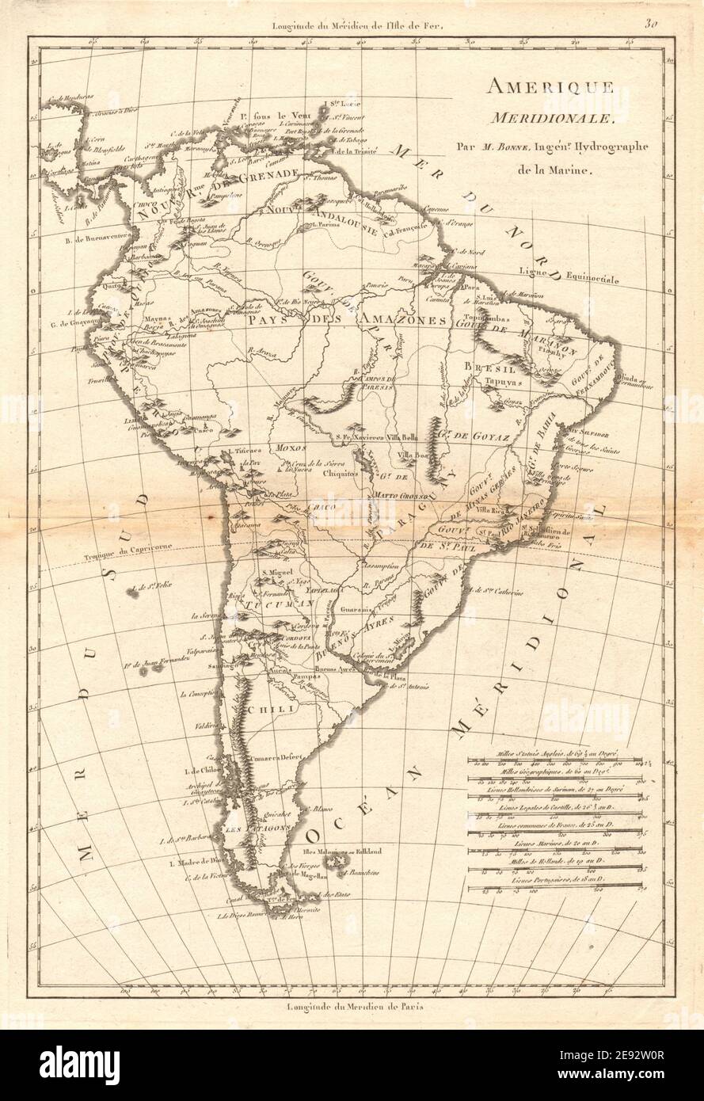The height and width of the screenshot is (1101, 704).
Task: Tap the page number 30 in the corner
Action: point(652,23)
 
